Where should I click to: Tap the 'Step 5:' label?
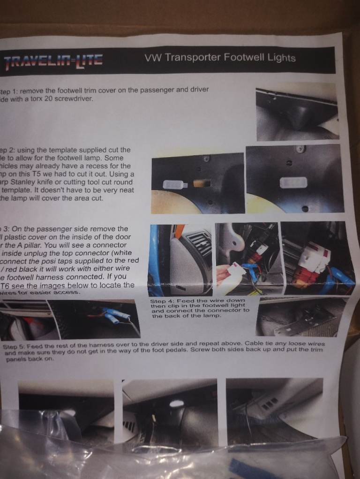[15, 346]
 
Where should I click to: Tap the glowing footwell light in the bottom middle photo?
[177, 403]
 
